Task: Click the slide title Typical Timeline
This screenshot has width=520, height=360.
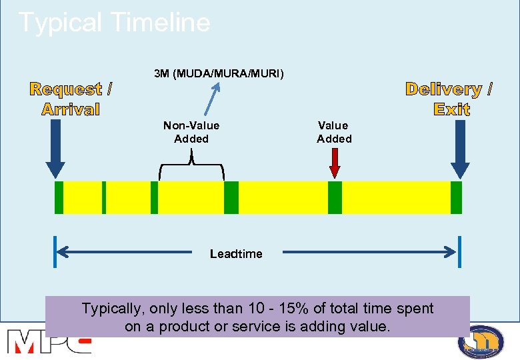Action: (x=114, y=23)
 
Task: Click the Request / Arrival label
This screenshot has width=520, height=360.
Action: (x=71, y=99)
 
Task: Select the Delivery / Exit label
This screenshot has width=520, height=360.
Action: (x=450, y=99)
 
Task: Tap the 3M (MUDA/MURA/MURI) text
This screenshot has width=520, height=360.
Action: (x=219, y=73)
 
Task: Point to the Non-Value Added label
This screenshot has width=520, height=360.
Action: (x=191, y=132)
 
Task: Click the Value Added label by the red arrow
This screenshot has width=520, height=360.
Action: (x=334, y=132)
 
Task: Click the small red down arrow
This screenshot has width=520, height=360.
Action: (x=335, y=163)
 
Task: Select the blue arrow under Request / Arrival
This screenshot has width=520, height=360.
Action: (x=56, y=150)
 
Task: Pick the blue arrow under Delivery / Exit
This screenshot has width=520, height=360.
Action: (x=460, y=150)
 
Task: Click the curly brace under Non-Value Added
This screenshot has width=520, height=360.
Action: (x=192, y=164)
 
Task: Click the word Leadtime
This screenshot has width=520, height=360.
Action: (x=236, y=254)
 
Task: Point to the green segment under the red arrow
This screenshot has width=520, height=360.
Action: (x=335, y=197)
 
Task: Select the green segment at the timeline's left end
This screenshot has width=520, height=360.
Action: (x=59, y=197)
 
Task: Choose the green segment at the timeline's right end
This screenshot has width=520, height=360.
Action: (x=456, y=197)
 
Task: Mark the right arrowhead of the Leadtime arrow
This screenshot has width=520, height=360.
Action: (x=451, y=252)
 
